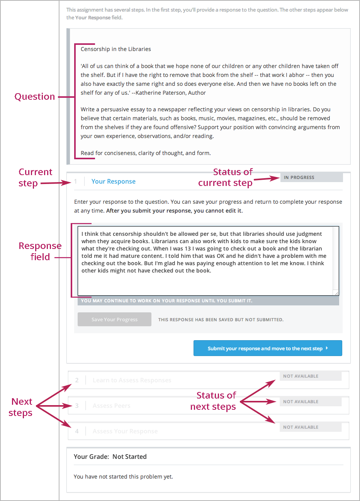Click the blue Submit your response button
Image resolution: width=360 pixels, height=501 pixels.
click(268, 348)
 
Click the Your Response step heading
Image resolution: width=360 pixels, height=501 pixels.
click(113, 182)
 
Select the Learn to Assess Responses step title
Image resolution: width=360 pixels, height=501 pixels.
click(132, 380)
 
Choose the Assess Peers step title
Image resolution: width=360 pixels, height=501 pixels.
click(111, 406)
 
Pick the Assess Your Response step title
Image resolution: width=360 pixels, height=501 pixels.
click(125, 431)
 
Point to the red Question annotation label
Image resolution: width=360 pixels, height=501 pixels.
click(35, 97)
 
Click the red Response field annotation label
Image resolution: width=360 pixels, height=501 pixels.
click(40, 251)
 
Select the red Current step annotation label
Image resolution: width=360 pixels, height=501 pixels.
click(35, 177)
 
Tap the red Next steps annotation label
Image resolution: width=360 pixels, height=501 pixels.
click(21, 407)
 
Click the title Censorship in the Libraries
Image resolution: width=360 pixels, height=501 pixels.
click(115, 49)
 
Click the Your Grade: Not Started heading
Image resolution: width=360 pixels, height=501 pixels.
click(110, 457)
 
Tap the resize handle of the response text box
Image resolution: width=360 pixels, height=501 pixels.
click(336, 293)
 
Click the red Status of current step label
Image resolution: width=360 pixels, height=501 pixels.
click(226, 177)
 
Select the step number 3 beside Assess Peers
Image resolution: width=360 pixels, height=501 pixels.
click(77, 406)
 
